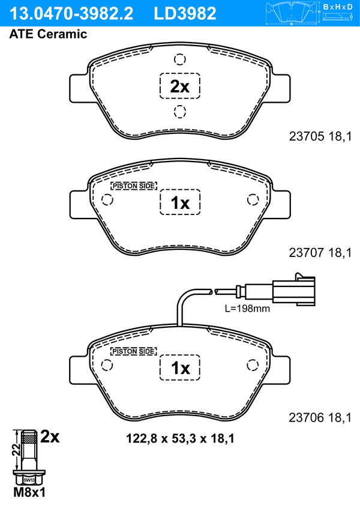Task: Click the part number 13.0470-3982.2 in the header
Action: tap(71, 14)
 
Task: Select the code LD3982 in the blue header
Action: tap(185, 14)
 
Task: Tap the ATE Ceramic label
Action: tap(48, 34)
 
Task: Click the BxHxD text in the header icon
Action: tap(338, 7)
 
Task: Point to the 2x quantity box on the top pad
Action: tap(180, 86)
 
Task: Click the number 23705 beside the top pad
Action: tap(307, 136)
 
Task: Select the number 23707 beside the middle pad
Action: tap(307, 252)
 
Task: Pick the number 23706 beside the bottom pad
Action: tap(307, 418)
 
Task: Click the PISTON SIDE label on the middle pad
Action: tap(134, 186)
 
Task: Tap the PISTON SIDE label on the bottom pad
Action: tap(134, 351)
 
